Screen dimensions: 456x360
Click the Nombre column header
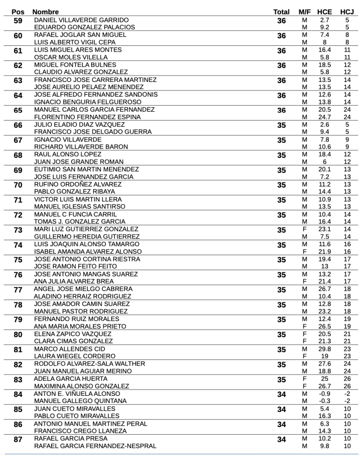[46, 12]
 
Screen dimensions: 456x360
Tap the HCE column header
[325, 12]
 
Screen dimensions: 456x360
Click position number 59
[18, 21]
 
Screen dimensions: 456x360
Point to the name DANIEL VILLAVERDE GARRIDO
[81, 20]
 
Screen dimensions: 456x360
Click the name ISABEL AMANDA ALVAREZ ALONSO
[88, 252]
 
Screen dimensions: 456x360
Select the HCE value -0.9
[324, 394]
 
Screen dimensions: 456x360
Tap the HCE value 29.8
[324, 349]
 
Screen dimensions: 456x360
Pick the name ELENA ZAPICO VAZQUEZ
[73, 334]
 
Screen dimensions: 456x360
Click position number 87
[18, 440]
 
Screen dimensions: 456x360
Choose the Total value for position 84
[282, 395]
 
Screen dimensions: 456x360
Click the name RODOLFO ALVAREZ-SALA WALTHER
[89, 364]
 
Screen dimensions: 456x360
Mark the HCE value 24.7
[324, 117]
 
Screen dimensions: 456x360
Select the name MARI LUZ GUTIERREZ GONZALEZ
[86, 229]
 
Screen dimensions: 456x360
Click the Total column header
[281, 12]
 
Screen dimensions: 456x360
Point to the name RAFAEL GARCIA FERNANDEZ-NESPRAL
[95, 446]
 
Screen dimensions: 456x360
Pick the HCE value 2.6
[324, 125]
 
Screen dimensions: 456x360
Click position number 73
[18, 230]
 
